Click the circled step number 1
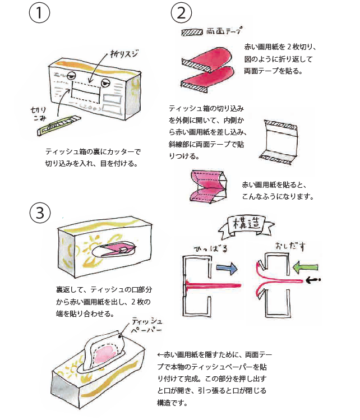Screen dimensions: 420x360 click(39, 13)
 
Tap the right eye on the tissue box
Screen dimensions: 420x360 click(105, 84)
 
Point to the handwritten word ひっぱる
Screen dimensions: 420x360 click(213, 248)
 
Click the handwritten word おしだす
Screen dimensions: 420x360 click(290, 247)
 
